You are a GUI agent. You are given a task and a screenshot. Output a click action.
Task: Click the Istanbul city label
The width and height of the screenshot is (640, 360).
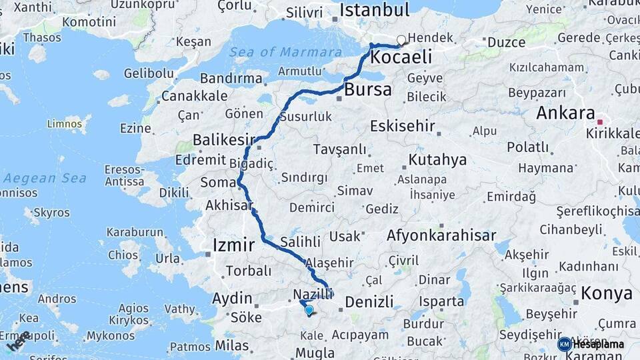click(x=374, y=10)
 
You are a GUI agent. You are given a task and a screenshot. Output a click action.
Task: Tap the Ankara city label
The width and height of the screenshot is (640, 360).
click(x=565, y=113)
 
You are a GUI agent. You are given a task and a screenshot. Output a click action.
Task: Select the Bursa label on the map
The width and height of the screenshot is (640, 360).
click(x=368, y=90)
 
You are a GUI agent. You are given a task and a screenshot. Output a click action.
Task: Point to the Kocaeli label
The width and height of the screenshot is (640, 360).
click(x=401, y=57)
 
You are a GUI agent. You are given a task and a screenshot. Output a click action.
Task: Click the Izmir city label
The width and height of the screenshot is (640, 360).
click(x=233, y=245)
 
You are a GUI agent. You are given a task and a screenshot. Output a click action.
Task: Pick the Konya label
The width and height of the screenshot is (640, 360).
click(x=607, y=293)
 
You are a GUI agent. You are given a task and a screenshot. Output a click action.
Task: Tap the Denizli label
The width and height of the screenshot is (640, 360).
click(x=369, y=302)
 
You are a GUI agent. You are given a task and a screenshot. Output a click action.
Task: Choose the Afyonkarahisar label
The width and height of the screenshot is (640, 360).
click(x=441, y=235)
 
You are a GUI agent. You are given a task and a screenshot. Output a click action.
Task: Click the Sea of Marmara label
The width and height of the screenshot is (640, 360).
click(x=276, y=52)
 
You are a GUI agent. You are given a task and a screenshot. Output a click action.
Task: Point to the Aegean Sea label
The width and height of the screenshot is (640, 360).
click(x=45, y=178)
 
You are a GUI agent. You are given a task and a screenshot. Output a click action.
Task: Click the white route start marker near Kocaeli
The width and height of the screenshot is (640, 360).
click(x=401, y=40)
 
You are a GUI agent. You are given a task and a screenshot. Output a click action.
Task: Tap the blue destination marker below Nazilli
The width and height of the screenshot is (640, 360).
click(x=309, y=310)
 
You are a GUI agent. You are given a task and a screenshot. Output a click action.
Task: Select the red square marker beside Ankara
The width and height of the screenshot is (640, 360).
click(x=599, y=122)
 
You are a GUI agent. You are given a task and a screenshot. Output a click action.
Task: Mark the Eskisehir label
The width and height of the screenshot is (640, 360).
click(x=403, y=126)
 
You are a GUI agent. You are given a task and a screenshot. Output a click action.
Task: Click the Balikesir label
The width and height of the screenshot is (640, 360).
click(x=224, y=139)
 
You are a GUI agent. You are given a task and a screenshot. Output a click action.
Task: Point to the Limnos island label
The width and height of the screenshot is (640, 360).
click(x=64, y=123)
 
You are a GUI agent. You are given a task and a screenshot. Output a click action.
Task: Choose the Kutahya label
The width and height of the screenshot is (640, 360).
click(x=437, y=160)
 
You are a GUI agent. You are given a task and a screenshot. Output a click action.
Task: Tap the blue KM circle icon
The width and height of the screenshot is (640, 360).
click(x=564, y=345)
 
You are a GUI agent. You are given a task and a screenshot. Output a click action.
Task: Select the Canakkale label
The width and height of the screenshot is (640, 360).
click(x=195, y=96)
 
